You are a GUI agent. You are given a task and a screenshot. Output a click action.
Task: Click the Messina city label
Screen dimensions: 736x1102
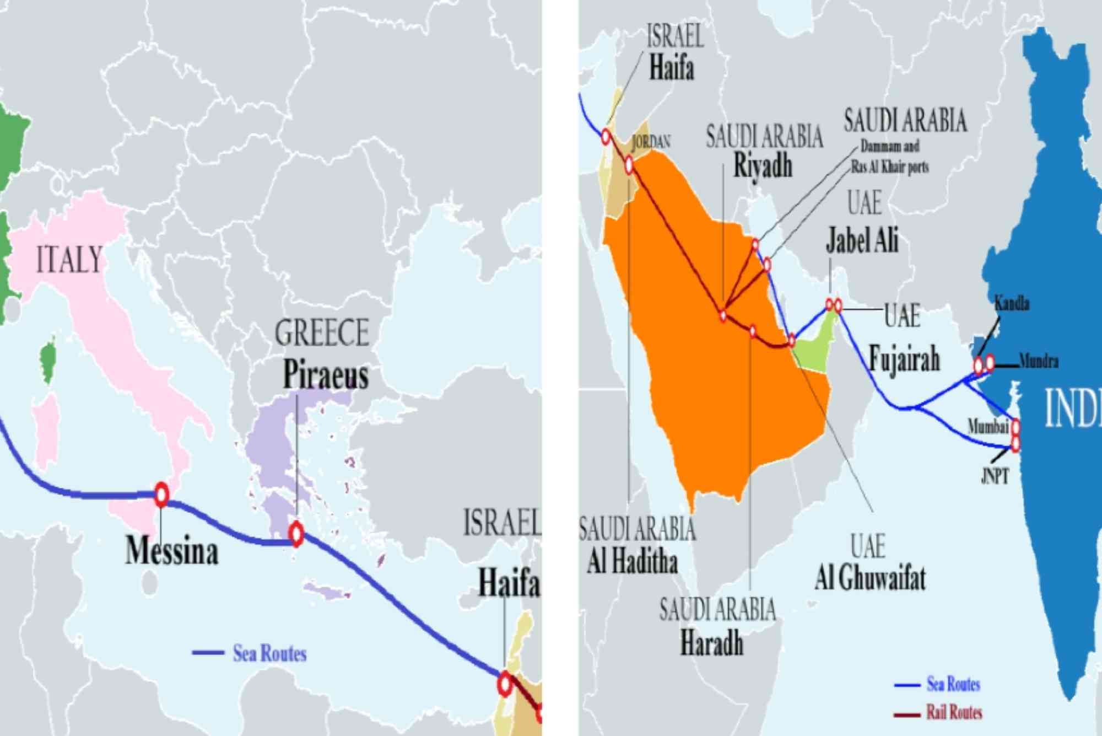point(172,550)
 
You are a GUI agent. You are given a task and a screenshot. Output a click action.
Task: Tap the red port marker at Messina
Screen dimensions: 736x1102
point(161,495)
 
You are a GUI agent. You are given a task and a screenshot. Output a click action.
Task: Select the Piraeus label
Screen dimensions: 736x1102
point(325,375)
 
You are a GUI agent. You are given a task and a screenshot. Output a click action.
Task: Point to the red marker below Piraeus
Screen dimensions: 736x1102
point(296,533)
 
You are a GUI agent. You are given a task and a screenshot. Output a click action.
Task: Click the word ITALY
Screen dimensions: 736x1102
point(69,260)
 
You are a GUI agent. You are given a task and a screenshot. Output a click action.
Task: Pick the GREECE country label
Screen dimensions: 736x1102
point(322,333)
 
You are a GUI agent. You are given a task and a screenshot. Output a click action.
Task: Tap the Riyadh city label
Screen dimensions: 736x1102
point(763,165)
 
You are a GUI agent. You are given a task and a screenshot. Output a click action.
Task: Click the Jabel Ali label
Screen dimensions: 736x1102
point(862,240)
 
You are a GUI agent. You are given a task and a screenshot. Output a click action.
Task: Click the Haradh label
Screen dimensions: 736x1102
point(712,643)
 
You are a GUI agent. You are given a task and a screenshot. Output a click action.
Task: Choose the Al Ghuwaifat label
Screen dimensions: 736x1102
point(870,578)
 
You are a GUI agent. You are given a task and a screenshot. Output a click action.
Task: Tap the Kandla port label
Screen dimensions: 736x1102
point(1012,303)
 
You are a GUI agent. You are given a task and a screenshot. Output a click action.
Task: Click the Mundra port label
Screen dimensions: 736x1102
point(1039,362)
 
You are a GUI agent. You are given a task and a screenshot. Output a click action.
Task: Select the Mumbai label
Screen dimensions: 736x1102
point(988,426)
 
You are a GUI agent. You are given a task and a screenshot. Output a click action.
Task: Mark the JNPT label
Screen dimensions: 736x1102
point(995,476)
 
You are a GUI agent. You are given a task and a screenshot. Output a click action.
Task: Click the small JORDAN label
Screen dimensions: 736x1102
point(651,142)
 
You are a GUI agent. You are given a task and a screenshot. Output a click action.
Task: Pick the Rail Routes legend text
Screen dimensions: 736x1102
point(954,712)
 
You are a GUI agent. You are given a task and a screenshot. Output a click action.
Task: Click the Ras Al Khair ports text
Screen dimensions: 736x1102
point(890,166)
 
